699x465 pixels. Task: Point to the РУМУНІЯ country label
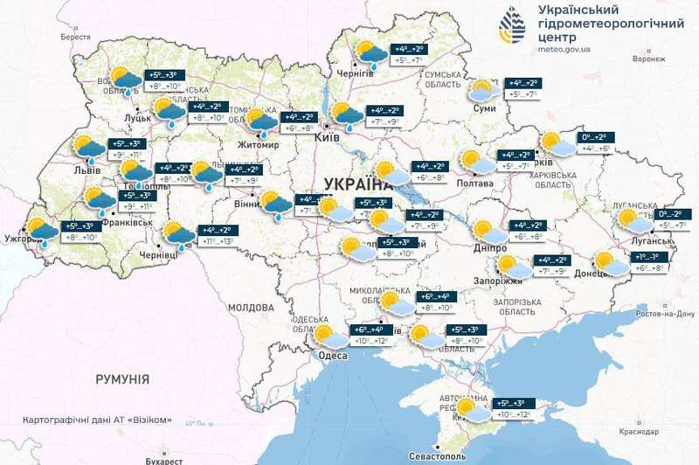(122, 378)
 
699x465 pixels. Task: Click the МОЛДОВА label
(251, 309)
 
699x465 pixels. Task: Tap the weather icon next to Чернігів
(372, 55)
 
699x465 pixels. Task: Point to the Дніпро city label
(488, 247)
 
